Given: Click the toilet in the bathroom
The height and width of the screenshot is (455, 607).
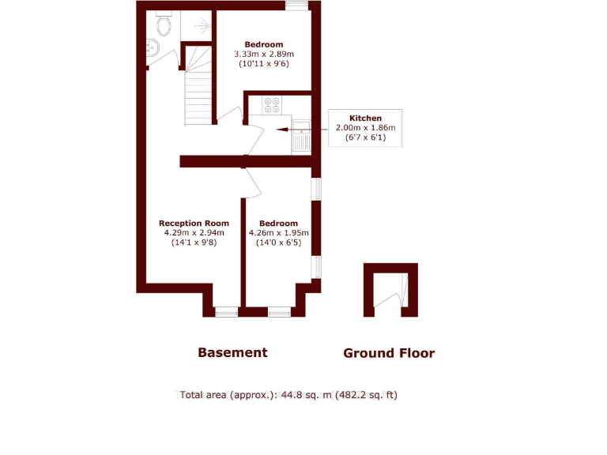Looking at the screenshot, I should (164, 26).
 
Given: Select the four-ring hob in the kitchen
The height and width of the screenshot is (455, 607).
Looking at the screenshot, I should (272, 105).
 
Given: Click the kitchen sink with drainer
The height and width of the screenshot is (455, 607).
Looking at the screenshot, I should (301, 135).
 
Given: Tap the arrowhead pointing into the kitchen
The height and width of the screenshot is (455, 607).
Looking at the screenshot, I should (280, 127).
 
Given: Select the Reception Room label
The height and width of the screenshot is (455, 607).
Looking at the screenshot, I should (194, 224).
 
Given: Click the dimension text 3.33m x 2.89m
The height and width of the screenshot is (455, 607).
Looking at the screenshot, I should (263, 54).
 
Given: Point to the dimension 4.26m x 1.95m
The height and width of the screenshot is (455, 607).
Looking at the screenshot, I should (278, 233).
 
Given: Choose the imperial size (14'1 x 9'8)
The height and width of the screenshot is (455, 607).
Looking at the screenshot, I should (194, 243).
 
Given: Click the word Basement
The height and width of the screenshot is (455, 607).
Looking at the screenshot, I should (232, 352).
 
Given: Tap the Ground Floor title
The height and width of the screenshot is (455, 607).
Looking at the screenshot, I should (389, 353).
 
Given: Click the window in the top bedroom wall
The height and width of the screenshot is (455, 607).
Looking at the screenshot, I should (296, 6).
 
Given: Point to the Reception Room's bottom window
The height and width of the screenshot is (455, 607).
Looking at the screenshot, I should (227, 312).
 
